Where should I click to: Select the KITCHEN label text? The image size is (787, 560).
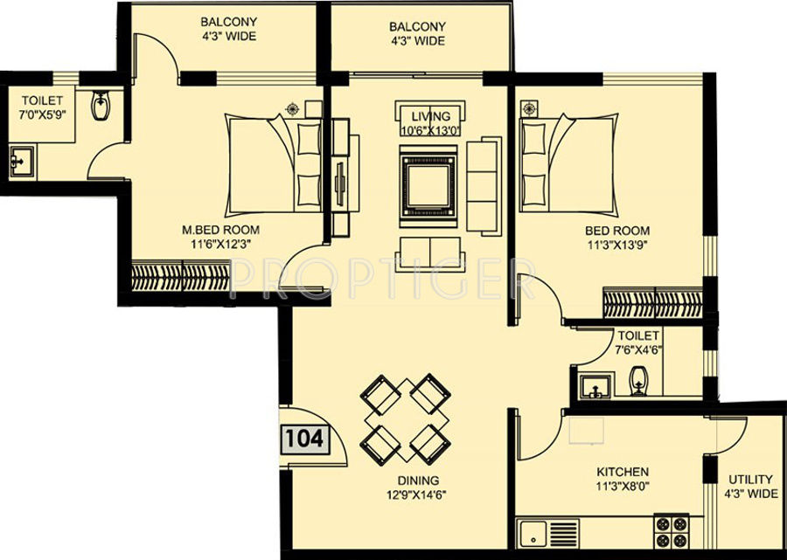623,472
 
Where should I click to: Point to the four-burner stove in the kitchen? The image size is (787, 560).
672,531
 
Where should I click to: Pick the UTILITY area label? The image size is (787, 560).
751,479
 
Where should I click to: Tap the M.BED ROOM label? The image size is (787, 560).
221,230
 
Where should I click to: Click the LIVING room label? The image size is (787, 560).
430,117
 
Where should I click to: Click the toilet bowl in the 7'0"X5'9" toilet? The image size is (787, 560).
101,106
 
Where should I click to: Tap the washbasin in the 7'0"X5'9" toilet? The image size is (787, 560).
22,162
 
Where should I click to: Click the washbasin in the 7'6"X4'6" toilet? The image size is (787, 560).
595,386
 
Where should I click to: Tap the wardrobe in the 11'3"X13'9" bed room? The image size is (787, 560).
652,303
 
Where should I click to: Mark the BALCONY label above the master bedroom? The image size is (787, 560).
229,22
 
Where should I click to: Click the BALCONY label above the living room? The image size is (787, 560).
417,26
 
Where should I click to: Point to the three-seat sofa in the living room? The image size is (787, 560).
484,186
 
